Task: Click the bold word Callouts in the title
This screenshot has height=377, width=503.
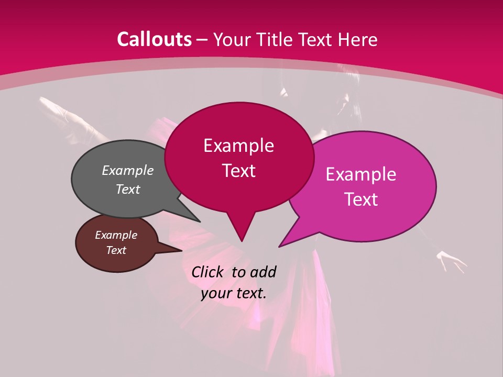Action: click(155, 39)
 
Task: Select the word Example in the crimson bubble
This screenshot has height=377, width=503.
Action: click(238, 146)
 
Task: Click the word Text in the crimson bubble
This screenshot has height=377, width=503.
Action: click(238, 171)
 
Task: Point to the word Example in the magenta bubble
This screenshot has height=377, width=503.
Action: click(361, 174)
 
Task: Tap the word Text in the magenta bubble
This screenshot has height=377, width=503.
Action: click(361, 199)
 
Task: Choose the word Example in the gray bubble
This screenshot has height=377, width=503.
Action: click(128, 170)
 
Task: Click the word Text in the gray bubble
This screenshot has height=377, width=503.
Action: click(128, 189)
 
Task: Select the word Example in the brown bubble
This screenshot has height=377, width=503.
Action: click(116, 235)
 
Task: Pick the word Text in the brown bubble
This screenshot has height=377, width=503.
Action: click(116, 250)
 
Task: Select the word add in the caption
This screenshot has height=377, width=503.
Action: click(263, 272)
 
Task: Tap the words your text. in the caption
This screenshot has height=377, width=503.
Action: click(234, 293)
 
